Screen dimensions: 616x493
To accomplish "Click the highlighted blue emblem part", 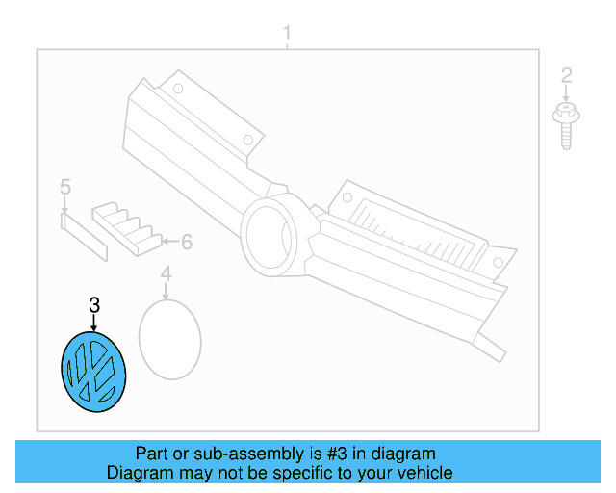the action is (93, 372).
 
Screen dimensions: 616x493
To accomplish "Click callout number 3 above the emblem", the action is (94, 305).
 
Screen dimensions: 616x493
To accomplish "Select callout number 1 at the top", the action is (287, 33).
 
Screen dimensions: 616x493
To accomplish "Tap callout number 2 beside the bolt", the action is (566, 75).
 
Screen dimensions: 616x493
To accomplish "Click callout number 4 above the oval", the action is (167, 273).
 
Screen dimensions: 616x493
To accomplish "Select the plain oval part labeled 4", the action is (170, 340).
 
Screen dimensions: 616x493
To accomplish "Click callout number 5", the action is (65, 187).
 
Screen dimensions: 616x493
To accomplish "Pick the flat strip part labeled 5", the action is (84, 237).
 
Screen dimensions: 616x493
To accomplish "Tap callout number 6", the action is (187, 242).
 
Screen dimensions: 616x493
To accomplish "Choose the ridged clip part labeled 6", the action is (127, 229).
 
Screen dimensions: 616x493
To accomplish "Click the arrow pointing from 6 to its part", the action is (171, 241).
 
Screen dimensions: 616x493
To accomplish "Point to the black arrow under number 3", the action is (94, 324).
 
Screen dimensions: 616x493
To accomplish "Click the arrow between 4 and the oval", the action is (167, 292).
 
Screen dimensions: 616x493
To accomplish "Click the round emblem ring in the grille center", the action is (269, 235).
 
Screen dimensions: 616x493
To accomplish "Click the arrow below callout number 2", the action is (566, 94).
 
